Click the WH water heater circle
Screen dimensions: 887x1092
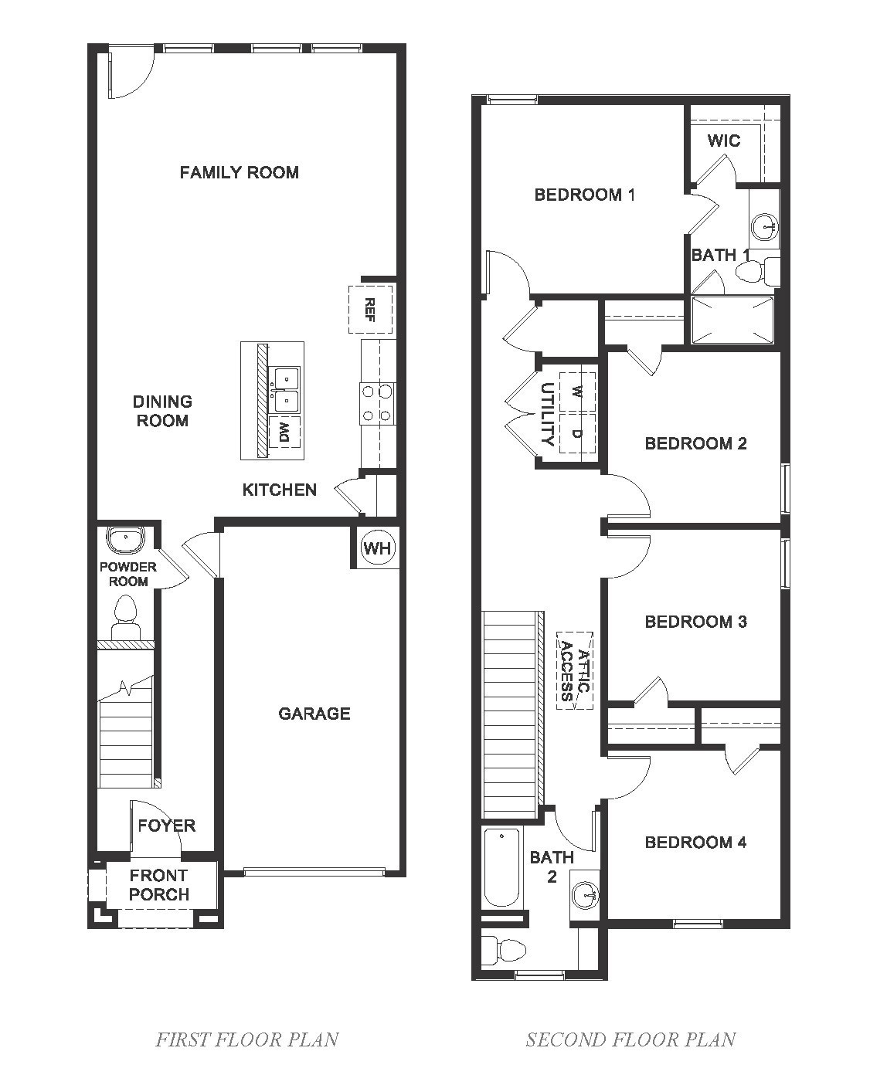coord(377,548)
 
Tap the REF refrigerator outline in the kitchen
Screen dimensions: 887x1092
coord(370,309)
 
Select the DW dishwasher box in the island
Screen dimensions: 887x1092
coord(285,432)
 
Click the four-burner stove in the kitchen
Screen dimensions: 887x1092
coord(376,403)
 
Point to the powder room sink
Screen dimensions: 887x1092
coord(126,539)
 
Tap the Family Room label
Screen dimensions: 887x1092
coord(239,172)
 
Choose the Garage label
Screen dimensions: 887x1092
coord(314,713)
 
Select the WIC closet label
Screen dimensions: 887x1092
coord(724,141)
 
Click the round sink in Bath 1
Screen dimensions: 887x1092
coord(765,226)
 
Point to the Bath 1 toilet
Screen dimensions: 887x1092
coord(757,271)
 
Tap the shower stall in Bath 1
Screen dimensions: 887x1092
coord(732,320)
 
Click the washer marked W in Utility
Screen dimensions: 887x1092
coord(577,392)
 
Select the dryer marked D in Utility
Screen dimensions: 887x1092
coord(577,433)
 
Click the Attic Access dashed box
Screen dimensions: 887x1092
coord(575,670)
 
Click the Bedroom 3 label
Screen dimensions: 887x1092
coord(695,622)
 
